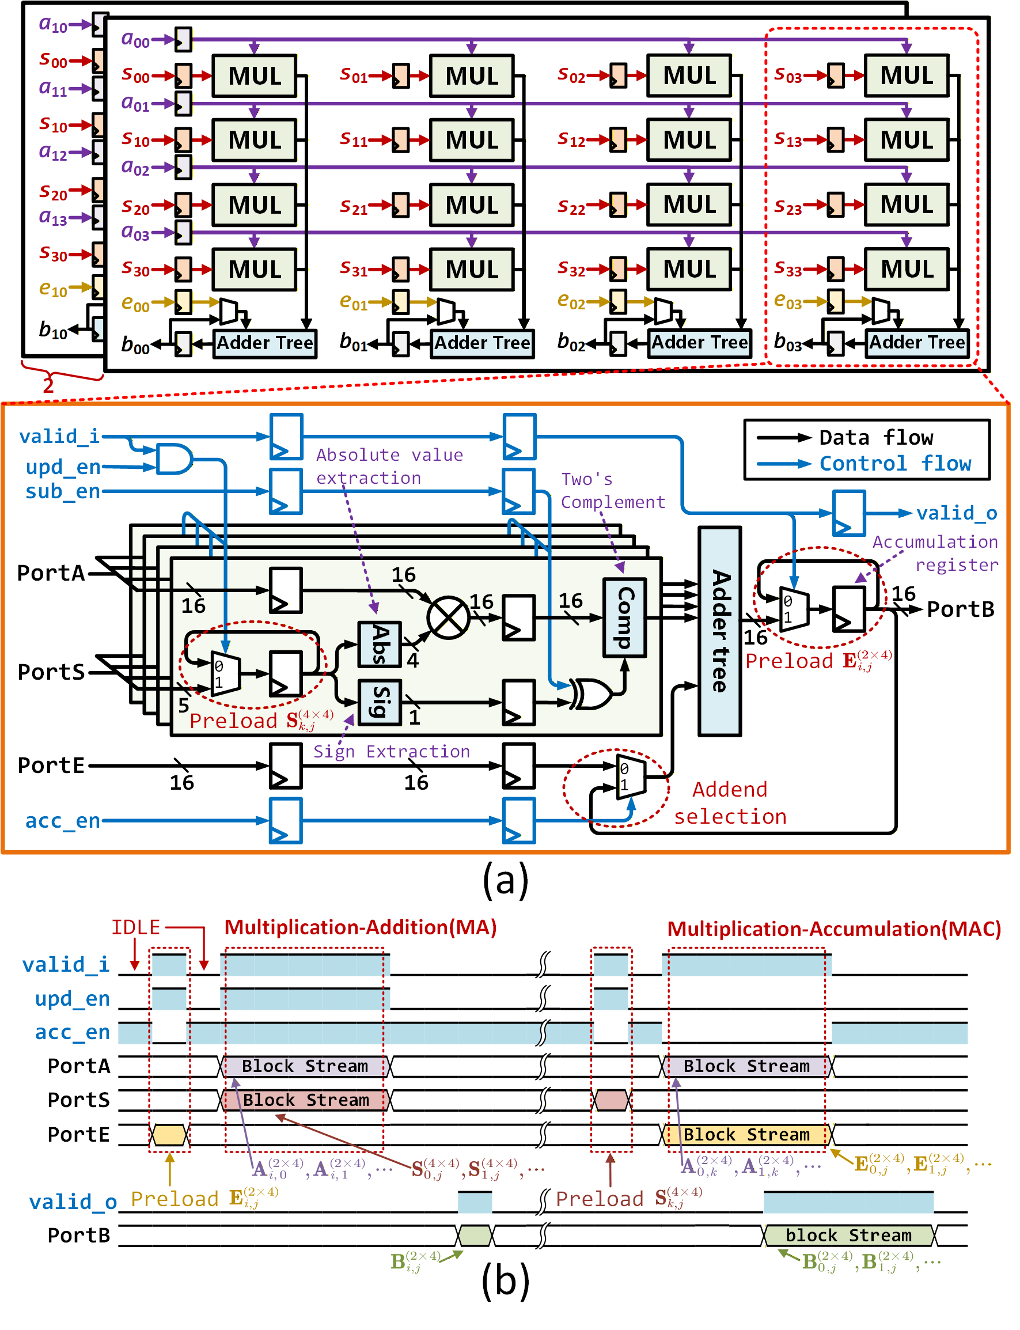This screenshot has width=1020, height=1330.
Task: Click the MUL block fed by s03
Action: (x=907, y=76)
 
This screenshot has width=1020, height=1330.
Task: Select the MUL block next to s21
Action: (x=472, y=205)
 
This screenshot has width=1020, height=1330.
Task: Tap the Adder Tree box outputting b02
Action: (x=699, y=343)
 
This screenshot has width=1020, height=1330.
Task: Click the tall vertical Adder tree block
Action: (x=720, y=631)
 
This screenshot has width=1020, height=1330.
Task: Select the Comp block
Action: (x=625, y=617)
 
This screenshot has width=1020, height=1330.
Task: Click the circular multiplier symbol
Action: (x=449, y=618)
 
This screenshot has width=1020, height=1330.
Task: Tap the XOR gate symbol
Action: (x=592, y=694)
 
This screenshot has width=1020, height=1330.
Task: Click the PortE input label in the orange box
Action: (x=51, y=766)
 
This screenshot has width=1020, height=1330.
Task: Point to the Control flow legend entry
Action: (x=895, y=464)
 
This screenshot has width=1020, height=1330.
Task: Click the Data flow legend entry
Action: (x=876, y=438)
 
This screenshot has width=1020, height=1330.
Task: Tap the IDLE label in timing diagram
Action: (x=135, y=927)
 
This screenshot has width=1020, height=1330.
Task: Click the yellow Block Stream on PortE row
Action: (x=747, y=1135)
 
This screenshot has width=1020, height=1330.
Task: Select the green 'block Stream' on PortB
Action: (x=849, y=1236)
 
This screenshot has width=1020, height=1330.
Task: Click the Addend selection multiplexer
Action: (x=631, y=777)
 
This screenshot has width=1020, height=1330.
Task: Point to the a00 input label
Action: (x=135, y=40)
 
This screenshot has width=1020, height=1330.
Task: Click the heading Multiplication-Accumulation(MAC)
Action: (x=833, y=929)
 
